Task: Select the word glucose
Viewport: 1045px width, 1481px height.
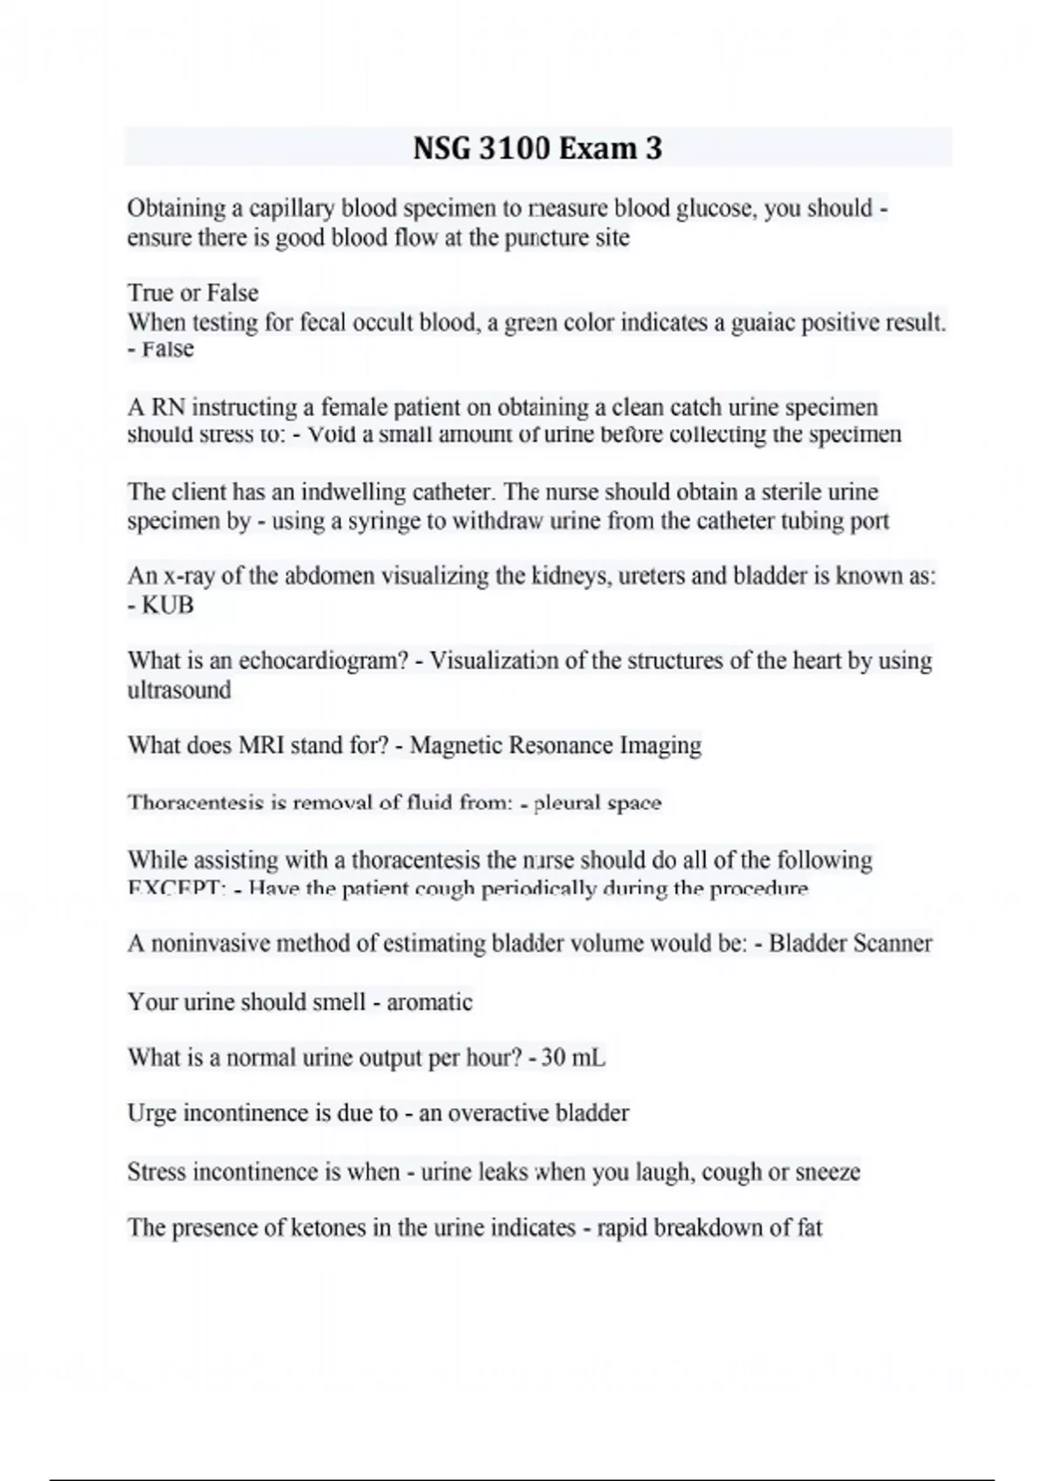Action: pos(713,209)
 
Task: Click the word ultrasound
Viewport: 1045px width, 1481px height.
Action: pos(179,690)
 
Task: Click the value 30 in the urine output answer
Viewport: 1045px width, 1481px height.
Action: pos(554,1058)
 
